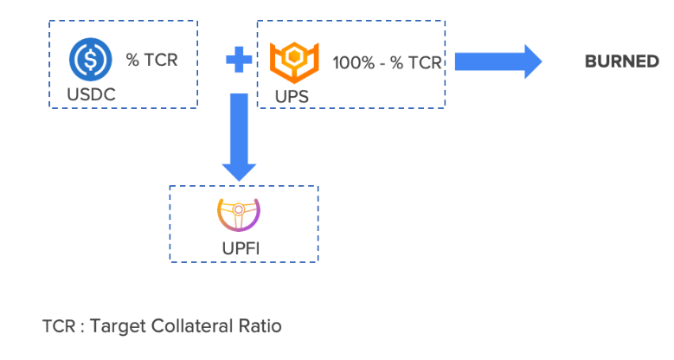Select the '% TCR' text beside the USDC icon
152,61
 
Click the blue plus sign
239,61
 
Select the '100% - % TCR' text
387,63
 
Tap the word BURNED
622,61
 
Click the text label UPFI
241,249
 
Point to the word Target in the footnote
119,327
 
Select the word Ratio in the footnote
261,327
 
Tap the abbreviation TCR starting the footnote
57,327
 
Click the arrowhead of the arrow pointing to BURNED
525,61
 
